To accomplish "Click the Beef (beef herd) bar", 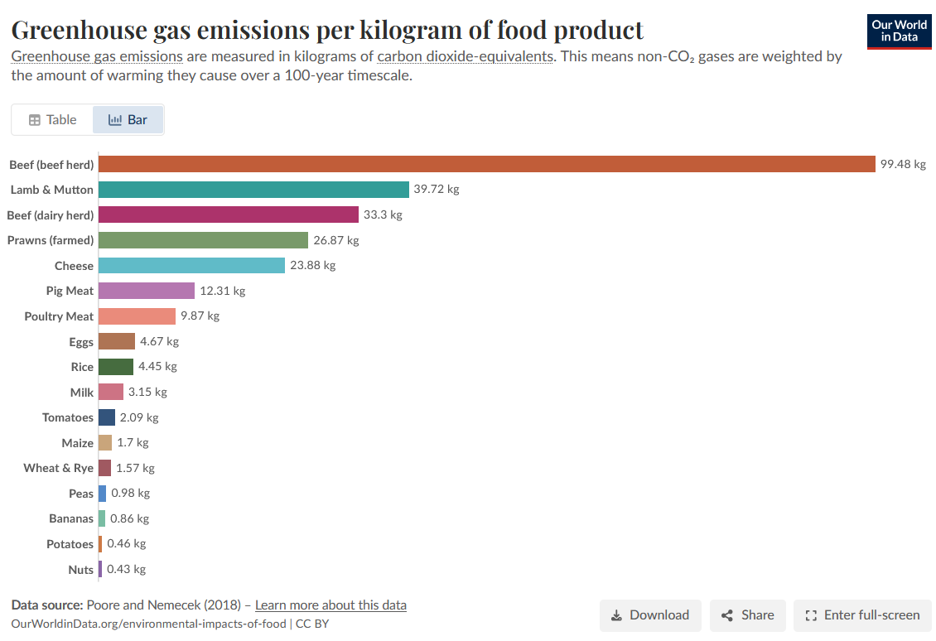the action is pyautogui.click(x=486, y=164).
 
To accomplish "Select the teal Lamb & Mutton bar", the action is pyautogui.click(x=253, y=189).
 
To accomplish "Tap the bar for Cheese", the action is pyautogui.click(x=191, y=265).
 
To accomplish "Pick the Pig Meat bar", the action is pyautogui.click(x=147, y=291).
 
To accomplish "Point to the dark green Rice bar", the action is pyautogui.click(x=116, y=366).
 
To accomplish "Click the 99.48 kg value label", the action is pyautogui.click(x=903, y=164).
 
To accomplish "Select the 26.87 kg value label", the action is pyautogui.click(x=336, y=240).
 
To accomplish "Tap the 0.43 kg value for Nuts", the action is pyautogui.click(x=126, y=569).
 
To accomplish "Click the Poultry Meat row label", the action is pyautogui.click(x=59, y=316).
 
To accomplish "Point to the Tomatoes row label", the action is pyautogui.click(x=67, y=417).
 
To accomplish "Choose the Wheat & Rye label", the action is pyautogui.click(x=59, y=468).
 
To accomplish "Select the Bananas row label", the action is pyautogui.click(x=71, y=518).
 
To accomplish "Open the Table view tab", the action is pyautogui.click(x=52, y=120).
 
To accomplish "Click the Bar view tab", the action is pyautogui.click(x=128, y=120).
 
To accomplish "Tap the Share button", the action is pyautogui.click(x=747, y=615).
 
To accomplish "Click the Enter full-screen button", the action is pyautogui.click(x=862, y=615).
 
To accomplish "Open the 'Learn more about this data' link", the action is pyautogui.click(x=330, y=605).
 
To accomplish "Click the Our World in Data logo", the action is pyautogui.click(x=899, y=31).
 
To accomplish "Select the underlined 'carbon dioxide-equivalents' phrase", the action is pyautogui.click(x=465, y=56).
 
